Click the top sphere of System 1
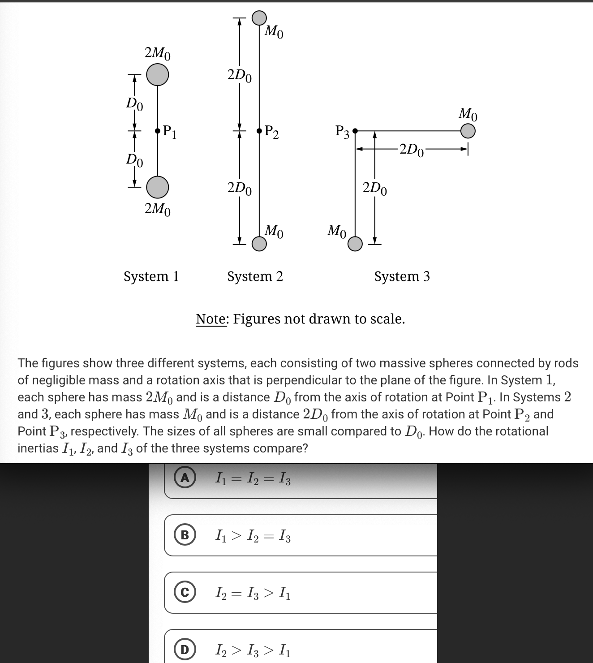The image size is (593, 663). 158,74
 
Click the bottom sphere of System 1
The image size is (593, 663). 158,187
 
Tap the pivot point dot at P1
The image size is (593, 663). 158,131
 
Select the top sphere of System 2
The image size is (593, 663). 259,17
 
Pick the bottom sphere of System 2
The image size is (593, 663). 259,244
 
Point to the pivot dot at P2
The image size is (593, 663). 259,131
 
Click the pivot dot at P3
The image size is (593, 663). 355,131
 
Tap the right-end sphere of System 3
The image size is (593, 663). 468,131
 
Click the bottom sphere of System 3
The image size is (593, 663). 355,244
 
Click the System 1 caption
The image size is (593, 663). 151,276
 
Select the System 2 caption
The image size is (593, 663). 255,276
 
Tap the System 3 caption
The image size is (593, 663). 402,276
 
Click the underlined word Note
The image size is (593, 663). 212,319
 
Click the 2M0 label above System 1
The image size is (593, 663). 158,53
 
